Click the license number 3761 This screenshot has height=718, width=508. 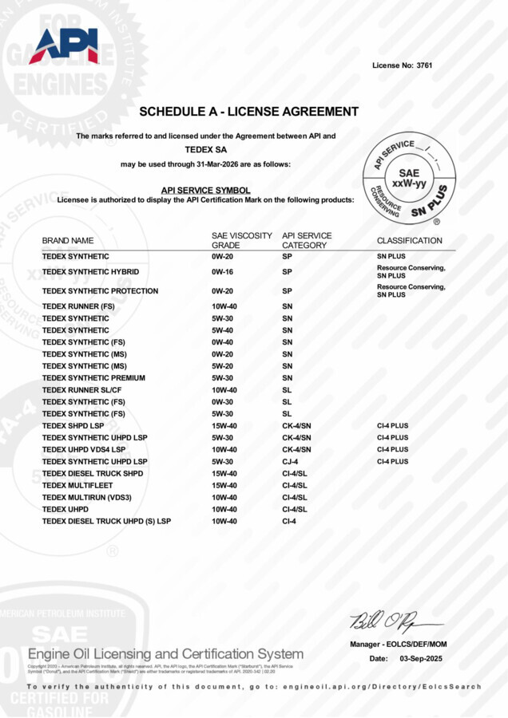coord(423,65)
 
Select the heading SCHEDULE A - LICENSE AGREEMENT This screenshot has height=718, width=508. coord(248,112)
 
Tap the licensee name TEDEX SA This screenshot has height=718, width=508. coord(206,149)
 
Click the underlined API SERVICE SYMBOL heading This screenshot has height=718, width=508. coord(206,190)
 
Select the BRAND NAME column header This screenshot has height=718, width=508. coord(68,240)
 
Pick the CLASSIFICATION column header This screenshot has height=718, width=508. coord(409,240)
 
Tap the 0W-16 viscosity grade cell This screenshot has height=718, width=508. coord(222,272)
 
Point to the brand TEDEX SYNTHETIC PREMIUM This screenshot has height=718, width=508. coord(93,378)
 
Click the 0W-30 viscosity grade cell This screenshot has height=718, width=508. coord(222,402)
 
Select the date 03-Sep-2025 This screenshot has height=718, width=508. coord(420,658)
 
